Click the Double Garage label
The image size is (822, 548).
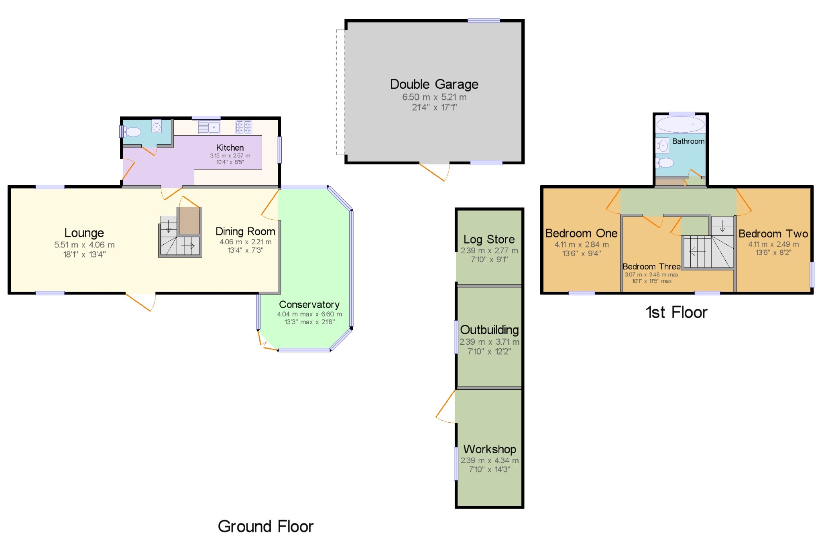pyautogui.click(x=434, y=84)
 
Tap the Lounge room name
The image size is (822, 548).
pyautogui.click(x=84, y=233)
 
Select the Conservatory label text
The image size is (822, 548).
pyautogui.click(x=309, y=305)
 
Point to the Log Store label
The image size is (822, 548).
pyautogui.click(x=489, y=239)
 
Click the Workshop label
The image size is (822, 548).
pyautogui.click(x=489, y=449)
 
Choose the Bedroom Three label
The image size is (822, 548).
pyautogui.click(x=651, y=267)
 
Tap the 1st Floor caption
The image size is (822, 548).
pyautogui.click(x=676, y=313)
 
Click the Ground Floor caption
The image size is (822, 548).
pyautogui.click(x=265, y=526)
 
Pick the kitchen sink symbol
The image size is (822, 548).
pyautogui.click(x=209, y=127)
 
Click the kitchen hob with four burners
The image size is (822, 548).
pyautogui.click(x=244, y=127)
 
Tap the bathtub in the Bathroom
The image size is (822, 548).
pyautogui.click(x=680, y=125)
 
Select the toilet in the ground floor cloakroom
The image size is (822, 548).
pyautogui.click(x=132, y=132)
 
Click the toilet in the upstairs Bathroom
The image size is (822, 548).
pyautogui.click(x=665, y=163)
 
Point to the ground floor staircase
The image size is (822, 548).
pyautogui.click(x=180, y=237)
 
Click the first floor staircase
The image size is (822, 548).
pyautogui.click(x=708, y=247)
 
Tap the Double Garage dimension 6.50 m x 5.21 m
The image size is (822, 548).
pyautogui.click(x=434, y=97)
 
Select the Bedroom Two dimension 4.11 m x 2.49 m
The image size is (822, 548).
pyautogui.click(x=773, y=244)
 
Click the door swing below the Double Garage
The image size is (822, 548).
pyautogui.click(x=435, y=172)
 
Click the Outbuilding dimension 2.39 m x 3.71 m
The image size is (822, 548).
pyautogui.click(x=489, y=342)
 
